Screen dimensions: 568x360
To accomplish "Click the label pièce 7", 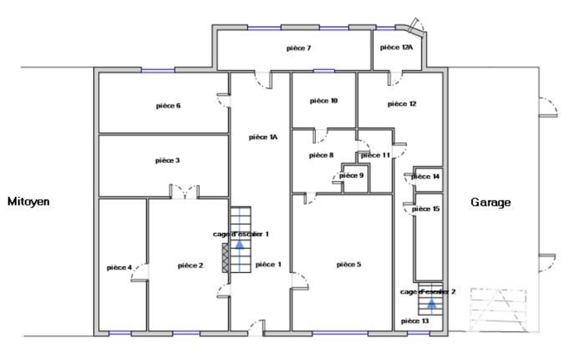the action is pyautogui.click(x=299, y=48).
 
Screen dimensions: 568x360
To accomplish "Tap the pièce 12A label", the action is pyautogui.click(x=396, y=48).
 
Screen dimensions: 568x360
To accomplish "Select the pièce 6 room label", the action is pyautogui.click(x=168, y=106).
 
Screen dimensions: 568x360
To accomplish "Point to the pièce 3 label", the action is pyautogui.click(x=167, y=161).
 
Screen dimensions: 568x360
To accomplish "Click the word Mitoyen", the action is pyautogui.click(x=28, y=202).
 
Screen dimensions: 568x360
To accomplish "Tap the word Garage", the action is pyautogui.click(x=491, y=202).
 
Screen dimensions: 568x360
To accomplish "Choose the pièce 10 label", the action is pyautogui.click(x=324, y=101).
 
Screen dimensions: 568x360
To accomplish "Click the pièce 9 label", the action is pyautogui.click(x=351, y=176).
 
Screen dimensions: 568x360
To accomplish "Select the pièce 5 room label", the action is pyautogui.click(x=349, y=264).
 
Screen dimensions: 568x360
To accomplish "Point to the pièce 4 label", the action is pyautogui.click(x=119, y=268).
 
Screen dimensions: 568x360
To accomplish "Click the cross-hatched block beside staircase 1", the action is pyautogui.click(x=226, y=258).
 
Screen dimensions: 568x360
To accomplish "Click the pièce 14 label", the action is pyautogui.click(x=426, y=176).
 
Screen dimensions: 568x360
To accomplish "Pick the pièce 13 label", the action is pyautogui.click(x=415, y=321).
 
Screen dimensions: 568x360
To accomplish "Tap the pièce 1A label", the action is pyautogui.click(x=263, y=137).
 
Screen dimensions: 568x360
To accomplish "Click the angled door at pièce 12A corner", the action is pyautogui.click(x=414, y=26).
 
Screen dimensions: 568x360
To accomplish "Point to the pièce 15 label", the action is pyautogui.click(x=426, y=209).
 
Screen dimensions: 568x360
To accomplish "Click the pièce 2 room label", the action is pyautogui.click(x=191, y=266).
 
